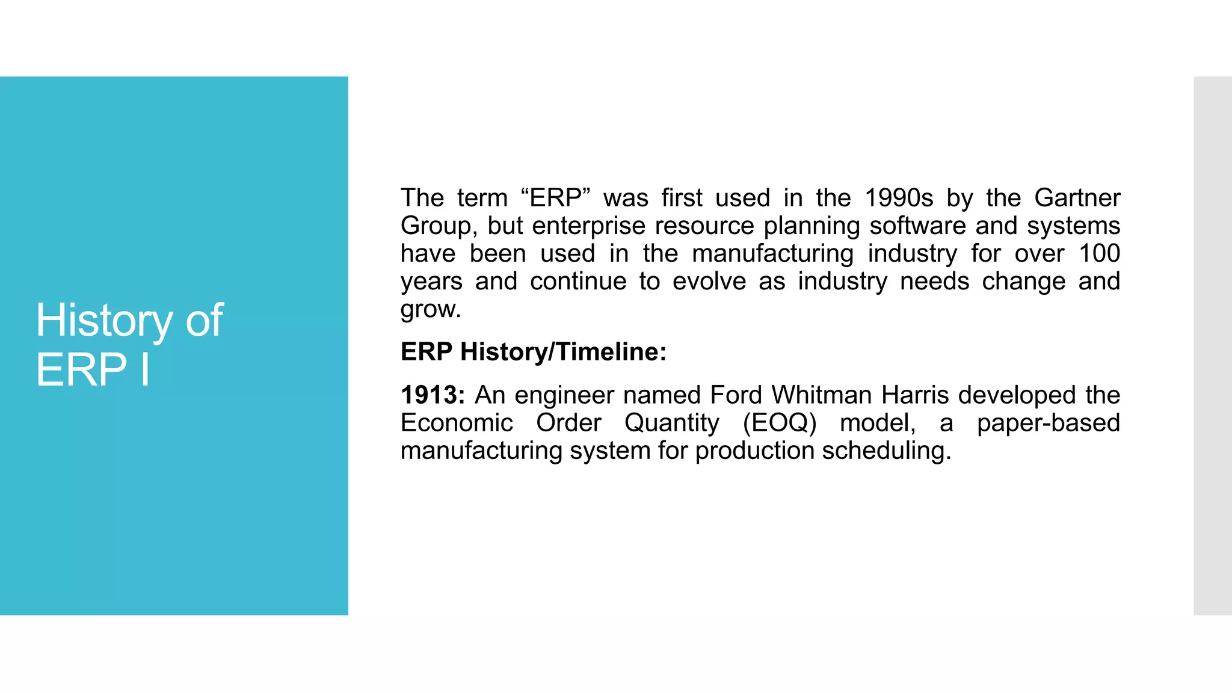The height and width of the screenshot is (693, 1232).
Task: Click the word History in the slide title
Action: coord(103,321)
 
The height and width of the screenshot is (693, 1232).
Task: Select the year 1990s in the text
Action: coord(899,199)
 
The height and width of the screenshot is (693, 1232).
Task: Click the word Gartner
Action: coord(1077,199)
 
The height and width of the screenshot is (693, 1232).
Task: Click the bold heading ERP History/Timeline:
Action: coord(534,352)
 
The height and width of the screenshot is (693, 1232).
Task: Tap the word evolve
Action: coord(709,282)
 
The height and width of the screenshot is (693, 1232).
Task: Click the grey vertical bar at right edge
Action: coord(1212,345)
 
